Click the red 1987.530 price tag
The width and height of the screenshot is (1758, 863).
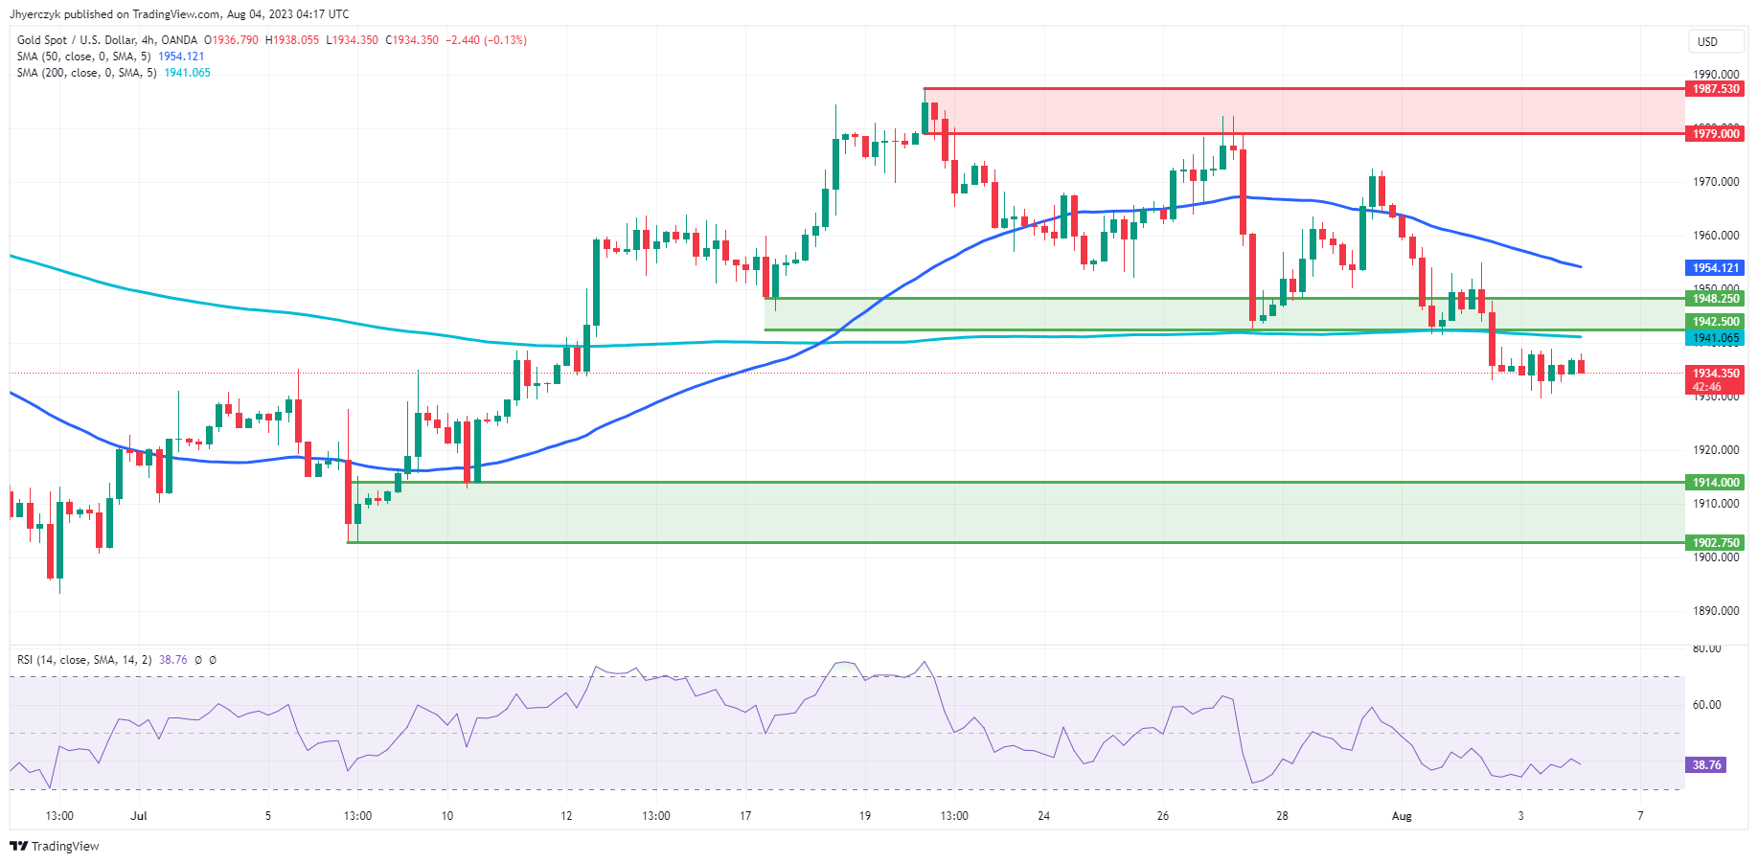coord(1715,89)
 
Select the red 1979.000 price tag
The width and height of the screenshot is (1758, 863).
coord(1715,134)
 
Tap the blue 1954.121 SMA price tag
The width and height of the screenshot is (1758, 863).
coord(1715,268)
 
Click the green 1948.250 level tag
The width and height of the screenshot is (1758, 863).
coord(1715,299)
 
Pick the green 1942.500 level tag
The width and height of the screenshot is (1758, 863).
coord(1715,322)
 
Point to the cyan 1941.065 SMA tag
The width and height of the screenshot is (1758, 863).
coord(1715,338)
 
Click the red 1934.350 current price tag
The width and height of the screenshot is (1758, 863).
coord(1715,374)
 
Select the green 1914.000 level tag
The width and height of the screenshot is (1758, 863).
coord(1715,483)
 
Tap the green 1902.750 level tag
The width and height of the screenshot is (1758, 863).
coord(1715,543)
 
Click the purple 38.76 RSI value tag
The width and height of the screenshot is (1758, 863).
coord(1706,765)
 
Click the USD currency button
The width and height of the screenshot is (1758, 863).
coord(1708,41)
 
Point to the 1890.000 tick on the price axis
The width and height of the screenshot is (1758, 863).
coord(1716,611)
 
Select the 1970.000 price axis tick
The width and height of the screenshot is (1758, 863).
coord(1716,182)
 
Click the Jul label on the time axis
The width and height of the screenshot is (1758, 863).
coord(140,816)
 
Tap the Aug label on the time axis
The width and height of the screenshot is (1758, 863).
coord(1402,816)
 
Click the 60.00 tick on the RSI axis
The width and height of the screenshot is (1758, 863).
coord(1706,705)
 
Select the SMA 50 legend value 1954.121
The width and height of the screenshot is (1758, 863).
coord(181,57)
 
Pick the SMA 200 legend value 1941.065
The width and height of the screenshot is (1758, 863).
coord(187,73)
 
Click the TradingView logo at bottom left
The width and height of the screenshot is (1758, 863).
coord(55,847)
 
